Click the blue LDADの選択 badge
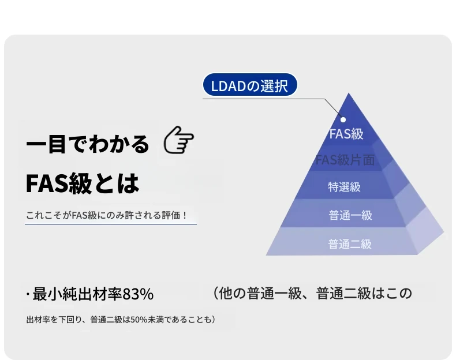(x=250, y=85)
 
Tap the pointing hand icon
(x=178, y=140)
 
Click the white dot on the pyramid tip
(x=343, y=119)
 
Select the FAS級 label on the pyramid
(x=346, y=134)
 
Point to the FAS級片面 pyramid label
(x=345, y=160)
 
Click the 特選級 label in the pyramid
(x=345, y=187)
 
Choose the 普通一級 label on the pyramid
(x=350, y=215)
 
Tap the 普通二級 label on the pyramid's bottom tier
(x=350, y=244)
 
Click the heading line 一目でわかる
(x=88, y=144)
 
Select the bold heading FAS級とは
(x=83, y=183)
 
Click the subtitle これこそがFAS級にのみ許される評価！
(x=106, y=215)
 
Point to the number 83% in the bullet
(x=138, y=294)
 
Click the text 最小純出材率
(x=77, y=294)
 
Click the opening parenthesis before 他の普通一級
(x=216, y=293)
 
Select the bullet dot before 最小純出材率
(x=28, y=294)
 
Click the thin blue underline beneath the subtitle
(x=111, y=224)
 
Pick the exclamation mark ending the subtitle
(x=184, y=215)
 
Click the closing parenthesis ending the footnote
(x=214, y=320)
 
